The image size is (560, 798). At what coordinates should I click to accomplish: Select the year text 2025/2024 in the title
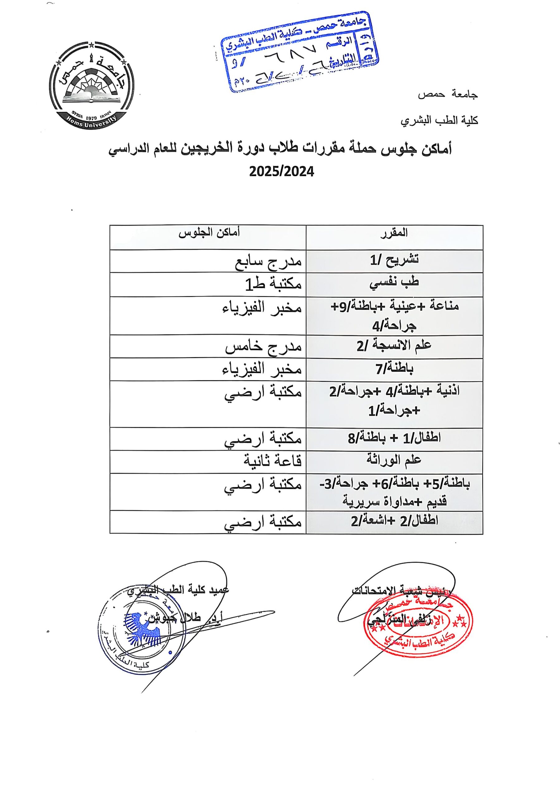(x=281, y=172)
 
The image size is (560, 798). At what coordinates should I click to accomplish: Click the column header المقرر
(x=394, y=233)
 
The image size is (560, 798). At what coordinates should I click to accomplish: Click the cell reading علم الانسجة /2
(x=394, y=345)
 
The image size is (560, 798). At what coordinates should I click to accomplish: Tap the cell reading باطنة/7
(x=394, y=368)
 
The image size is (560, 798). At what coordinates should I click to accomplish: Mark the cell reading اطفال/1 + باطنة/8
(x=394, y=438)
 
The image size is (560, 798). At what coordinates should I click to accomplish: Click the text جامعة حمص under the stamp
(x=448, y=95)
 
